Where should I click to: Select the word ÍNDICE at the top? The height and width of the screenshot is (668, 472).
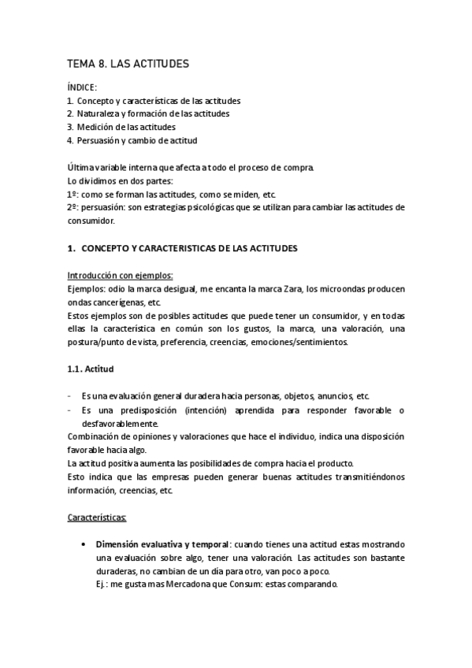click(x=82, y=88)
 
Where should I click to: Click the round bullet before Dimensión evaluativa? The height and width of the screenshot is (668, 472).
click(x=84, y=544)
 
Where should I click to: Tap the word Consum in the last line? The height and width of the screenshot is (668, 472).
click(x=236, y=584)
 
